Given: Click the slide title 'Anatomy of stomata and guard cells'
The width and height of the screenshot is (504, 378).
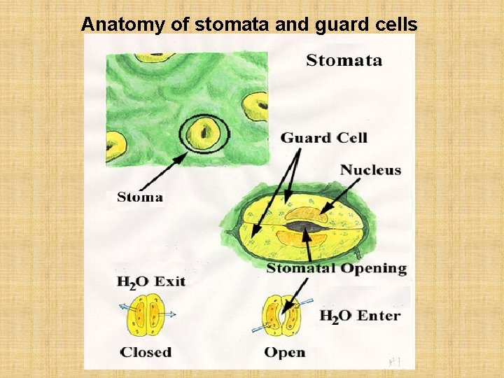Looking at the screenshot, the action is coord(249,24).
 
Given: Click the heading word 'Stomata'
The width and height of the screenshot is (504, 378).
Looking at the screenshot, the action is coord(344,60).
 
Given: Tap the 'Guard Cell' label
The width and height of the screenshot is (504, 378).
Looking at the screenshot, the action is coord(324,138).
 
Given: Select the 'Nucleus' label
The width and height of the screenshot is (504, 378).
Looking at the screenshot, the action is coord(370,170).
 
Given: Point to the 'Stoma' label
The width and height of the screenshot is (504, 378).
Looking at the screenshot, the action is coord(140,197).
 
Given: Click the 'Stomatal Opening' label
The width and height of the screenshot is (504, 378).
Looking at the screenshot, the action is coord(336,269).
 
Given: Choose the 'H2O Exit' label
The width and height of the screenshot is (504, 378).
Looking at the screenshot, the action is coord(150,282).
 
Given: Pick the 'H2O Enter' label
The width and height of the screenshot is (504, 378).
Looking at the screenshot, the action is coord(360,316).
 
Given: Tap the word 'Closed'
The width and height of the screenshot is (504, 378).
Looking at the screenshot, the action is coord(146,351).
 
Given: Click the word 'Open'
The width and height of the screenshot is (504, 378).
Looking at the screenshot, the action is coord(284,351).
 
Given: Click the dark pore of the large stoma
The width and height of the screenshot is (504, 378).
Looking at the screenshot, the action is coord(305,226).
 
